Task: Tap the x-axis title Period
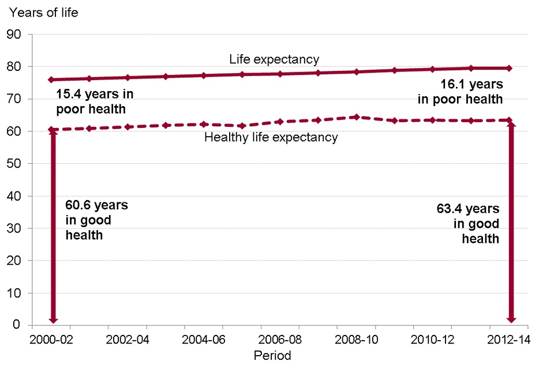pos(272,355)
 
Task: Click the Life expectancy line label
pos(274,59)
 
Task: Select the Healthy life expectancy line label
pos(271,137)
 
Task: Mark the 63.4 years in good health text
pos(467,223)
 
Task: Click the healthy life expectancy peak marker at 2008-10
pos(357,117)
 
